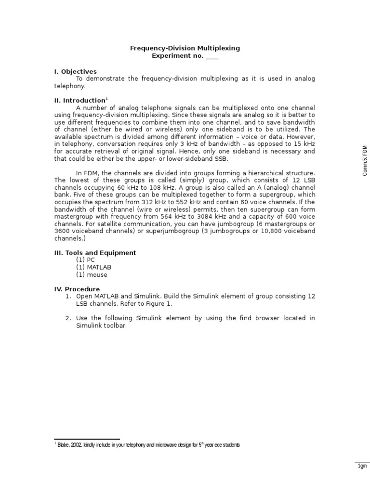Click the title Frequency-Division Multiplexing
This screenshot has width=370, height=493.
click(x=185, y=48)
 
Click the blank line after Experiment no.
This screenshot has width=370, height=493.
click(x=212, y=56)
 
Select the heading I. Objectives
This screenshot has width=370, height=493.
click(x=75, y=71)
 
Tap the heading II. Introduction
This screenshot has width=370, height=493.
click(x=80, y=100)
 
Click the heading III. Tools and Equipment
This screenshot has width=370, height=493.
click(x=95, y=253)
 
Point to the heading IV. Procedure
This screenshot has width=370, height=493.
click(x=77, y=289)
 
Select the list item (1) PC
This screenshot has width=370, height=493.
click(x=85, y=260)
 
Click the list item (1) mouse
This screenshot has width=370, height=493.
click(x=92, y=274)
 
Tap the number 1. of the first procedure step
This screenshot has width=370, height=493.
click(x=68, y=296)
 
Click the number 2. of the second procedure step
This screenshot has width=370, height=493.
click(x=68, y=318)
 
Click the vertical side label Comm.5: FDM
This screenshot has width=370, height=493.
click(x=365, y=160)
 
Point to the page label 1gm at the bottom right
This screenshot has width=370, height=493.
click(x=362, y=466)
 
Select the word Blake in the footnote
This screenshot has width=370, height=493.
click(x=64, y=445)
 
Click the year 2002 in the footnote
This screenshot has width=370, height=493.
click(x=77, y=445)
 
